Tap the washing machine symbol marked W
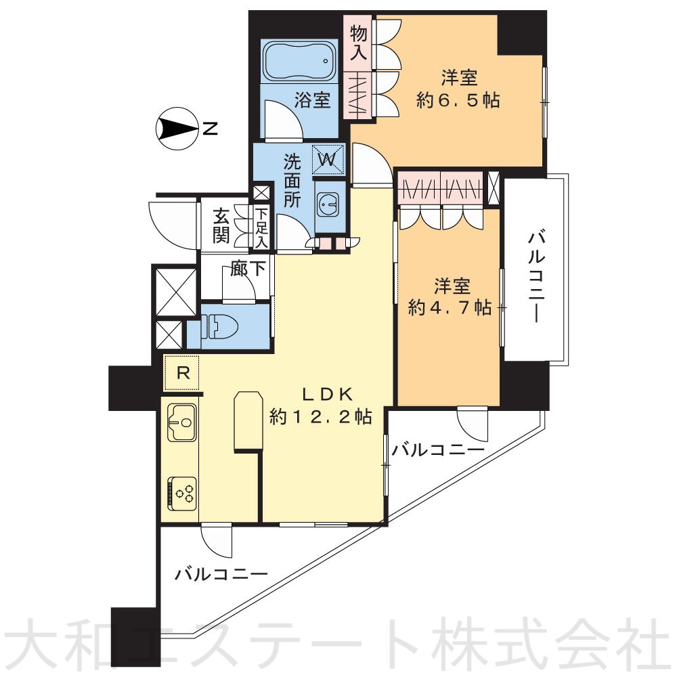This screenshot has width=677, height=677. [328, 160]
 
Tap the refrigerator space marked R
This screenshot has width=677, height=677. [182, 372]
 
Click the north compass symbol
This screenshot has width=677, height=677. [173, 128]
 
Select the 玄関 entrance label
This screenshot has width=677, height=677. [221, 227]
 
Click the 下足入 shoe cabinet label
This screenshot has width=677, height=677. [261, 227]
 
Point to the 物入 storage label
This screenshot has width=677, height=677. [358, 43]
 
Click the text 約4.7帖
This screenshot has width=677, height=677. [450, 307]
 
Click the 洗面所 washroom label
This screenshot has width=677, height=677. [292, 181]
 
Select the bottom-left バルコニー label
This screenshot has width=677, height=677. [221, 575]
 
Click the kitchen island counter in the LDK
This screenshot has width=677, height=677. [247, 420]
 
